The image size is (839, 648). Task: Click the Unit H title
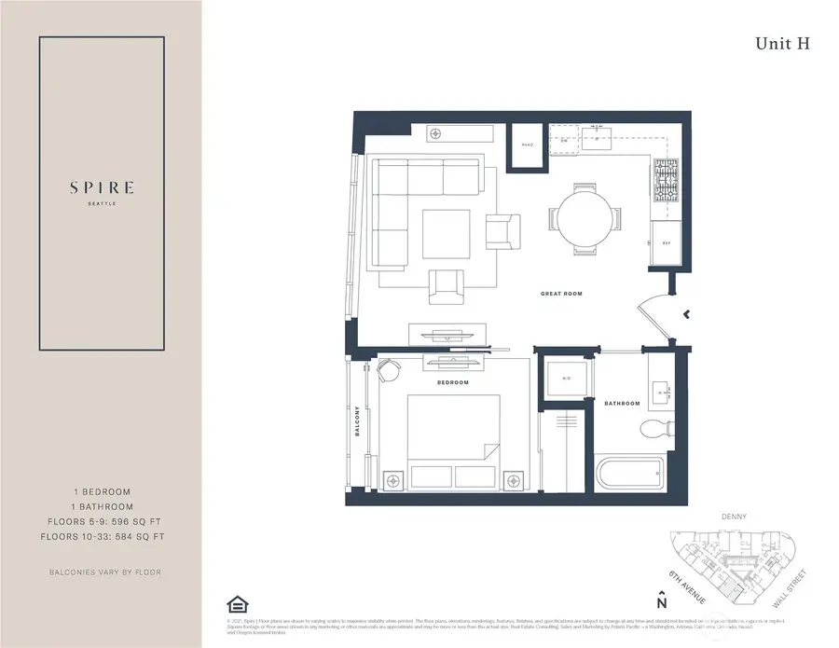(780, 43)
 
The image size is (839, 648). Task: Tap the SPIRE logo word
(102, 187)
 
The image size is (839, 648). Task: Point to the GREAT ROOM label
(561, 294)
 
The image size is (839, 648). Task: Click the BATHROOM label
(622, 404)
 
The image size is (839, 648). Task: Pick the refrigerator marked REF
(667, 241)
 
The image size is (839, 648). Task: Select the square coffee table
(447, 234)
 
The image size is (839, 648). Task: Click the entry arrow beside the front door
(686, 315)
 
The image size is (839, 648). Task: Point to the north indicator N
(661, 608)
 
